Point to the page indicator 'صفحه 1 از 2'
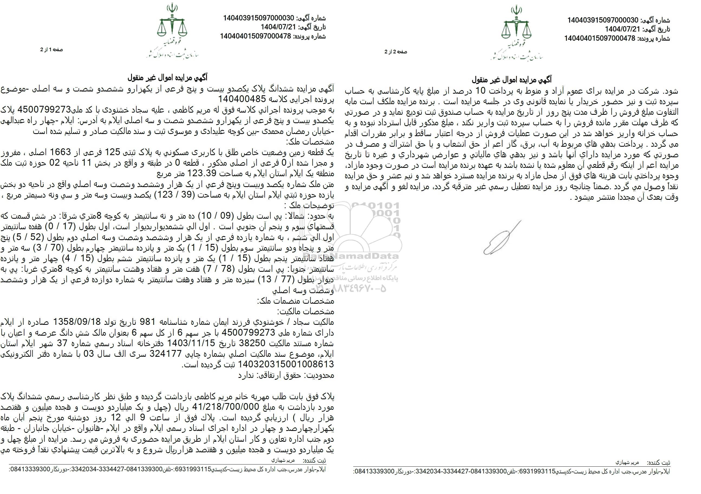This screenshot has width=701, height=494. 51,50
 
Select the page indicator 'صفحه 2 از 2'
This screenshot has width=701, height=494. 396,52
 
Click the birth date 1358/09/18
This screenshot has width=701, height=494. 77,322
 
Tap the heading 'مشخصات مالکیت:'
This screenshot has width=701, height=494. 305,312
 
